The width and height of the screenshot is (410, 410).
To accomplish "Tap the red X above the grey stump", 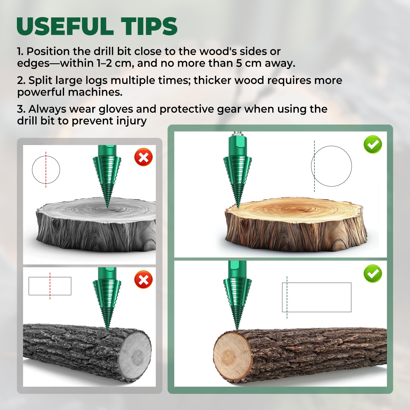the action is click(x=143, y=157).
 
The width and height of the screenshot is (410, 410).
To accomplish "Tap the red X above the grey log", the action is click(x=143, y=279).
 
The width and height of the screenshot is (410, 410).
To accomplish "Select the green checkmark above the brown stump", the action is click(x=373, y=145).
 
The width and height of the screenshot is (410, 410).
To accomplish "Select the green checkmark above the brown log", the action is click(x=373, y=274).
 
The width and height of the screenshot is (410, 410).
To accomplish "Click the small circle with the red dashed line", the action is click(x=32, y=170).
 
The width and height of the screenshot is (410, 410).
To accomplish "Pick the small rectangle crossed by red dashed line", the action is click(x=29, y=286).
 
